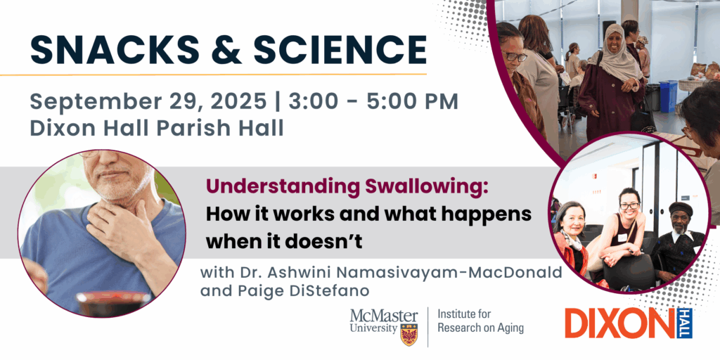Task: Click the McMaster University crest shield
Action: (x=409, y=334)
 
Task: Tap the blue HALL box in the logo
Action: (x=684, y=323)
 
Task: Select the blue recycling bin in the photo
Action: (x=669, y=96)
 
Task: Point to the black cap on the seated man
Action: (x=680, y=210)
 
